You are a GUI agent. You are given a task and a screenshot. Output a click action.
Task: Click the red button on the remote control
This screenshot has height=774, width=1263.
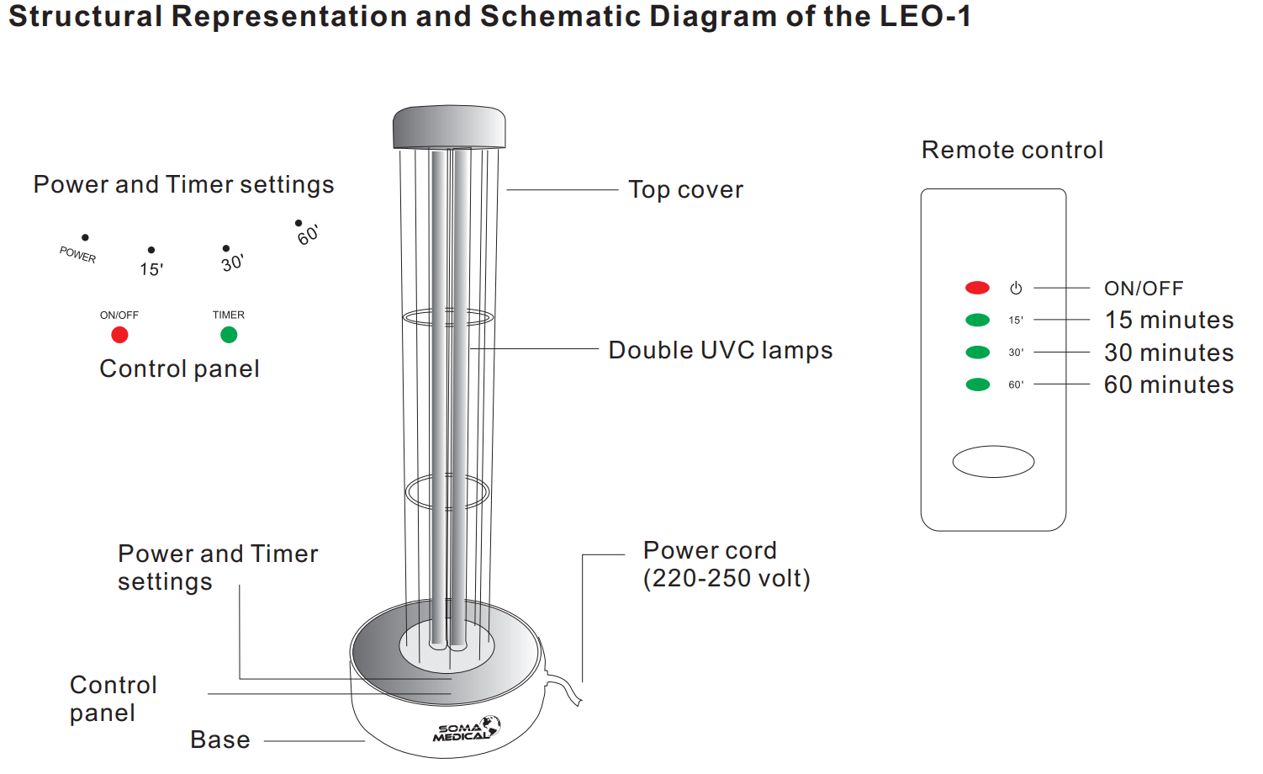click(x=977, y=288)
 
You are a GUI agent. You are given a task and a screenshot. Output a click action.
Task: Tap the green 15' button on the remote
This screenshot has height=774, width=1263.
click(x=977, y=320)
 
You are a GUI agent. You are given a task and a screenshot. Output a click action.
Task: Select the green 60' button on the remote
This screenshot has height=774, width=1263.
click(x=977, y=384)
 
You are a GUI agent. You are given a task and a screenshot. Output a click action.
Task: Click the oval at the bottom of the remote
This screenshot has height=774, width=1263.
click(x=993, y=462)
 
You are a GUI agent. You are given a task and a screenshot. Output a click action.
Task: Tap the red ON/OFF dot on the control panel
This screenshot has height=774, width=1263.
click(x=119, y=335)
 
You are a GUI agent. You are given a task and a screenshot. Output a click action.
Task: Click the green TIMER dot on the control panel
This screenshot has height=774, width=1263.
click(x=229, y=335)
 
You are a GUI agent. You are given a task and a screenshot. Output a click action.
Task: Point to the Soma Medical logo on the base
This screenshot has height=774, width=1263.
click(x=467, y=729)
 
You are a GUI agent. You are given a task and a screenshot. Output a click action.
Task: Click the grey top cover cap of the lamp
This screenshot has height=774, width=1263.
click(x=449, y=127)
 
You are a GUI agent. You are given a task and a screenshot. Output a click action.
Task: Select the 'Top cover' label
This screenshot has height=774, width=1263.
click(x=685, y=189)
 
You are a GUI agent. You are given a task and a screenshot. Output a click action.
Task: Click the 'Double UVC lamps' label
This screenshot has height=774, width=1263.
click(x=720, y=350)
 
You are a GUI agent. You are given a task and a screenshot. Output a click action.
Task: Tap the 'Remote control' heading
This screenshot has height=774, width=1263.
click(x=1012, y=150)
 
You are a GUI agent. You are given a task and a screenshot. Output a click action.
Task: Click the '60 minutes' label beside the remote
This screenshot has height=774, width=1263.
click(x=1169, y=384)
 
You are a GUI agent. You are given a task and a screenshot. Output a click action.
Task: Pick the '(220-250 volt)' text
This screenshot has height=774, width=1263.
click(x=727, y=578)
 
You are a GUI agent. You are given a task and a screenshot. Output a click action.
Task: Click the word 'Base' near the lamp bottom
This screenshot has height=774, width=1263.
click(x=220, y=740)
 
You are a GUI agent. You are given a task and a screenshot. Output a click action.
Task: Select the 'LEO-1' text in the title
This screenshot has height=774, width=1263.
click(x=925, y=16)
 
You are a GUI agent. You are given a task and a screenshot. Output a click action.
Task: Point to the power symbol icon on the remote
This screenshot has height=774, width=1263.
click(x=1016, y=289)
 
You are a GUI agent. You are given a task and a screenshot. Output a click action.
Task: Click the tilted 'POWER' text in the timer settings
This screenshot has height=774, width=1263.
click(x=78, y=254)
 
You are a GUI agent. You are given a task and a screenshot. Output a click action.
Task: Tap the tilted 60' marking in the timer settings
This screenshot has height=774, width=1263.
click(x=308, y=235)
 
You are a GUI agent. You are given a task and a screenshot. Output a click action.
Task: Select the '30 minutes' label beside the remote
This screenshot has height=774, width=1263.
click(x=1169, y=353)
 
